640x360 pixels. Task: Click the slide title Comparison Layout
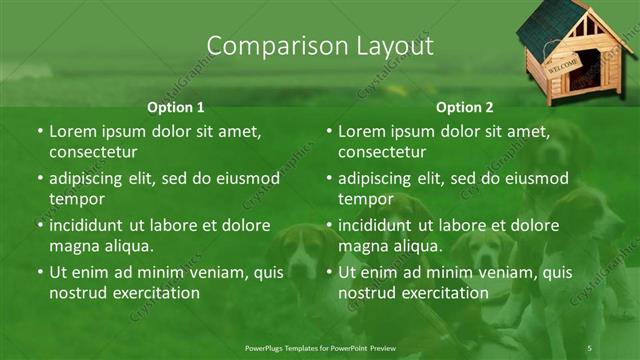click(x=319, y=46)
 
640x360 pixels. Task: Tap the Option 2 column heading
click(x=464, y=107)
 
